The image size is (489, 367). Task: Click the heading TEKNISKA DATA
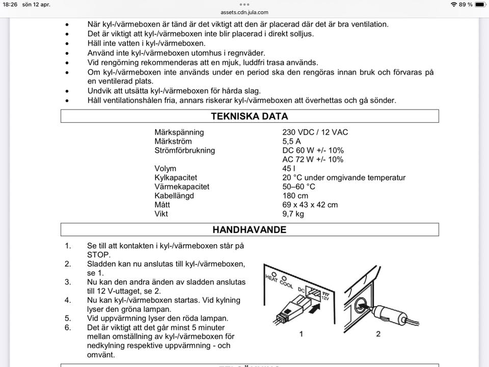[x=250, y=116]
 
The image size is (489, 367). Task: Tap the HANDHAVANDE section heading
[x=250, y=229]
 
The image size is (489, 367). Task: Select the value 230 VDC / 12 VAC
[x=315, y=132]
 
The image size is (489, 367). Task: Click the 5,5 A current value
[x=292, y=141]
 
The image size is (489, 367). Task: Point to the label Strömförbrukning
[x=184, y=150]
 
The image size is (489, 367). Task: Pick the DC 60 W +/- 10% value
[x=313, y=150]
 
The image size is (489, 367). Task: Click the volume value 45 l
[x=289, y=169]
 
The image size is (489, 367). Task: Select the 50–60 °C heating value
[x=299, y=187]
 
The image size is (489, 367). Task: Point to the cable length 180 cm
[x=295, y=196]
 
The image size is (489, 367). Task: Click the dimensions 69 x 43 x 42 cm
[x=310, y=205]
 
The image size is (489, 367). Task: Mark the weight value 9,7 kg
[x=293, y=214]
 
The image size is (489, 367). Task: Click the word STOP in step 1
[x=99, y=255]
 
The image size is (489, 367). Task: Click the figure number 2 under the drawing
[x=378, y=334]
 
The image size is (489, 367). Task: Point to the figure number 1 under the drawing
[x=302, y=334]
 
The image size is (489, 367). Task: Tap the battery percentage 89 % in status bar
[x=466, y=5]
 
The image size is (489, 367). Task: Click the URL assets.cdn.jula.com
[x=244, y=12]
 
